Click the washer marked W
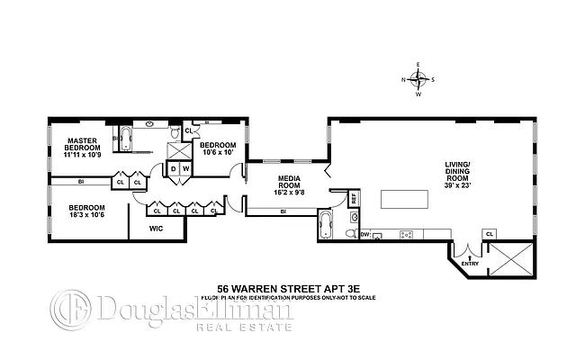coord(185,167)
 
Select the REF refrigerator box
coord(354,196)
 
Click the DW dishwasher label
coord(365,235)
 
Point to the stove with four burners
coord(406,235)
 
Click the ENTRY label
coord(470,264)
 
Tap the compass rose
coord(418,79)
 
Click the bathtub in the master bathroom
coord(125,139)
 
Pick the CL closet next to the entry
coord(490,233)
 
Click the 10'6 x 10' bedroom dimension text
coord(217,149)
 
